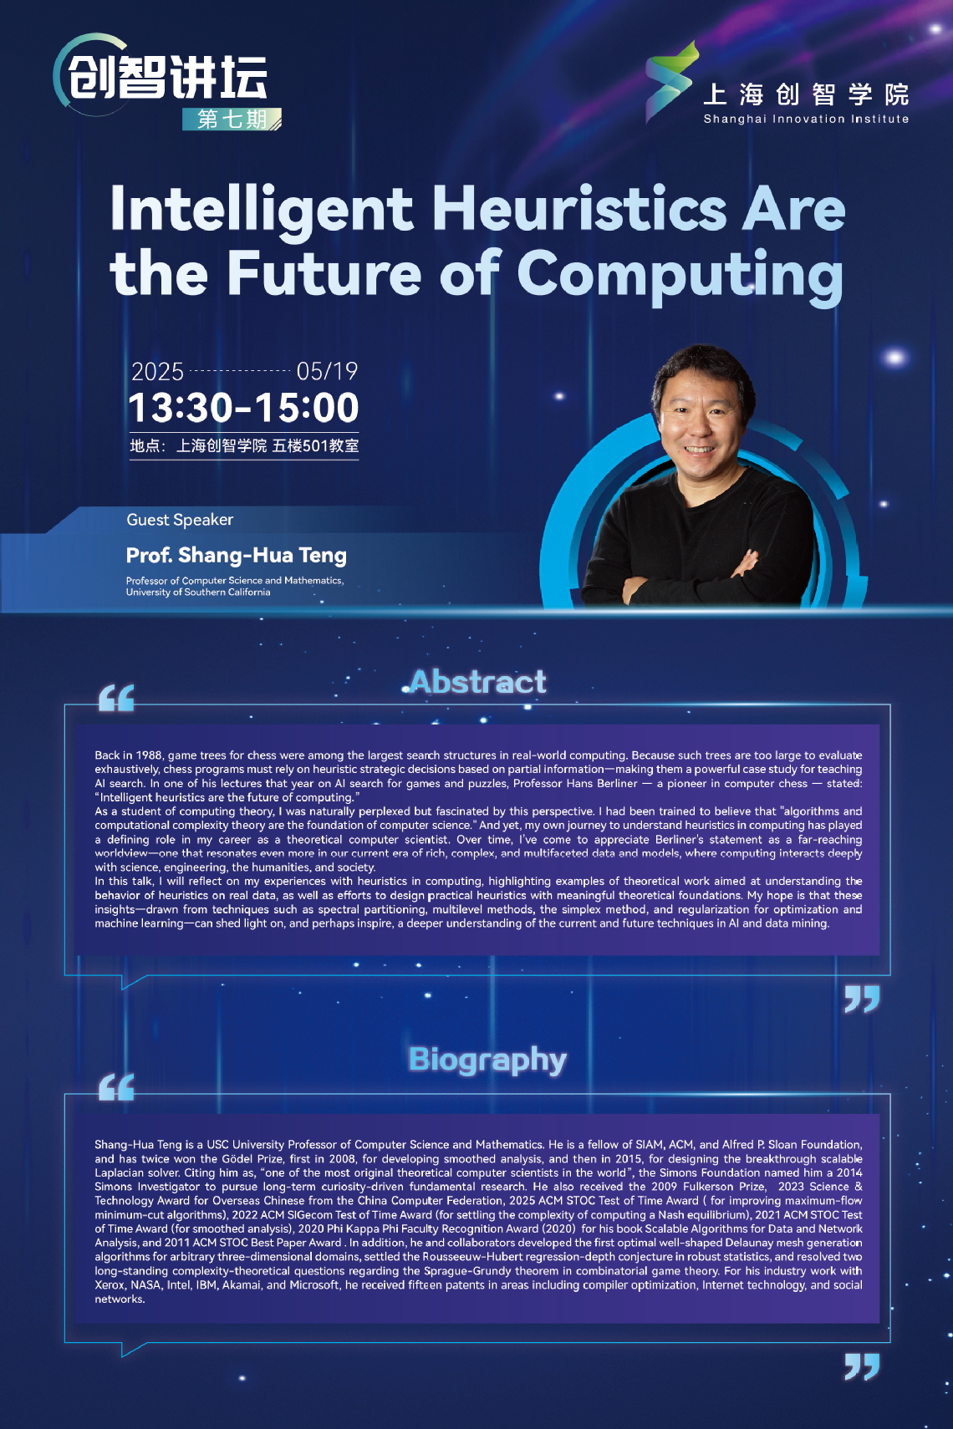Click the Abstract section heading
tap(478, 681)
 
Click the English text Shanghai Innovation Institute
tap(806, 119)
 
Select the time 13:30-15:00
tap(243, 408)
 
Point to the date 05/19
tap(327, 371)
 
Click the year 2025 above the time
tap(157, 371)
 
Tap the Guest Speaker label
tap(180, 520)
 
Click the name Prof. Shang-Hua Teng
tap(237, 556)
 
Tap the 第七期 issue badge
tap(232, 120)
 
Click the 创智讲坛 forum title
tap(168, 77)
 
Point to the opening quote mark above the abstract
tap(117, 698)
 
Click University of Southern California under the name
tap(198, 592)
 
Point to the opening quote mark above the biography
tap(117, 1087)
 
